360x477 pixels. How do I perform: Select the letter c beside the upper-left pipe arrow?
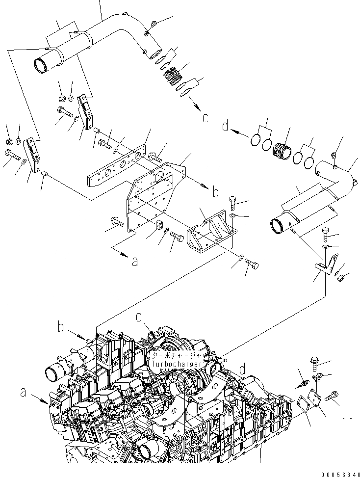pos(205,118)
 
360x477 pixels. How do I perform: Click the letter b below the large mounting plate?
pos(215,192)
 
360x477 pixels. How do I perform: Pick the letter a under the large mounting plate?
pos(134,262)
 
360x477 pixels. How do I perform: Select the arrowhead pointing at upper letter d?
pos(235,131)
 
